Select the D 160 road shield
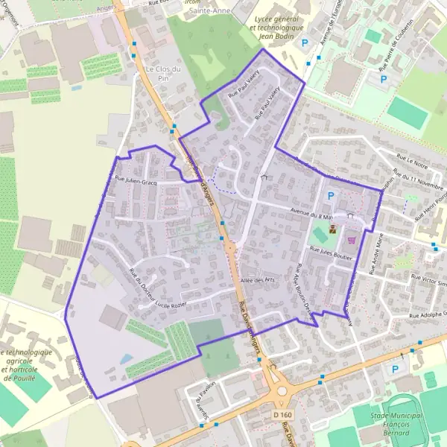(282, 413)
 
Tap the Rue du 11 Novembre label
(417, 180)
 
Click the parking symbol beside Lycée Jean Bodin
(304, 44)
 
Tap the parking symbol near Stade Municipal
(395, 369)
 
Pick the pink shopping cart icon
(350, 240)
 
